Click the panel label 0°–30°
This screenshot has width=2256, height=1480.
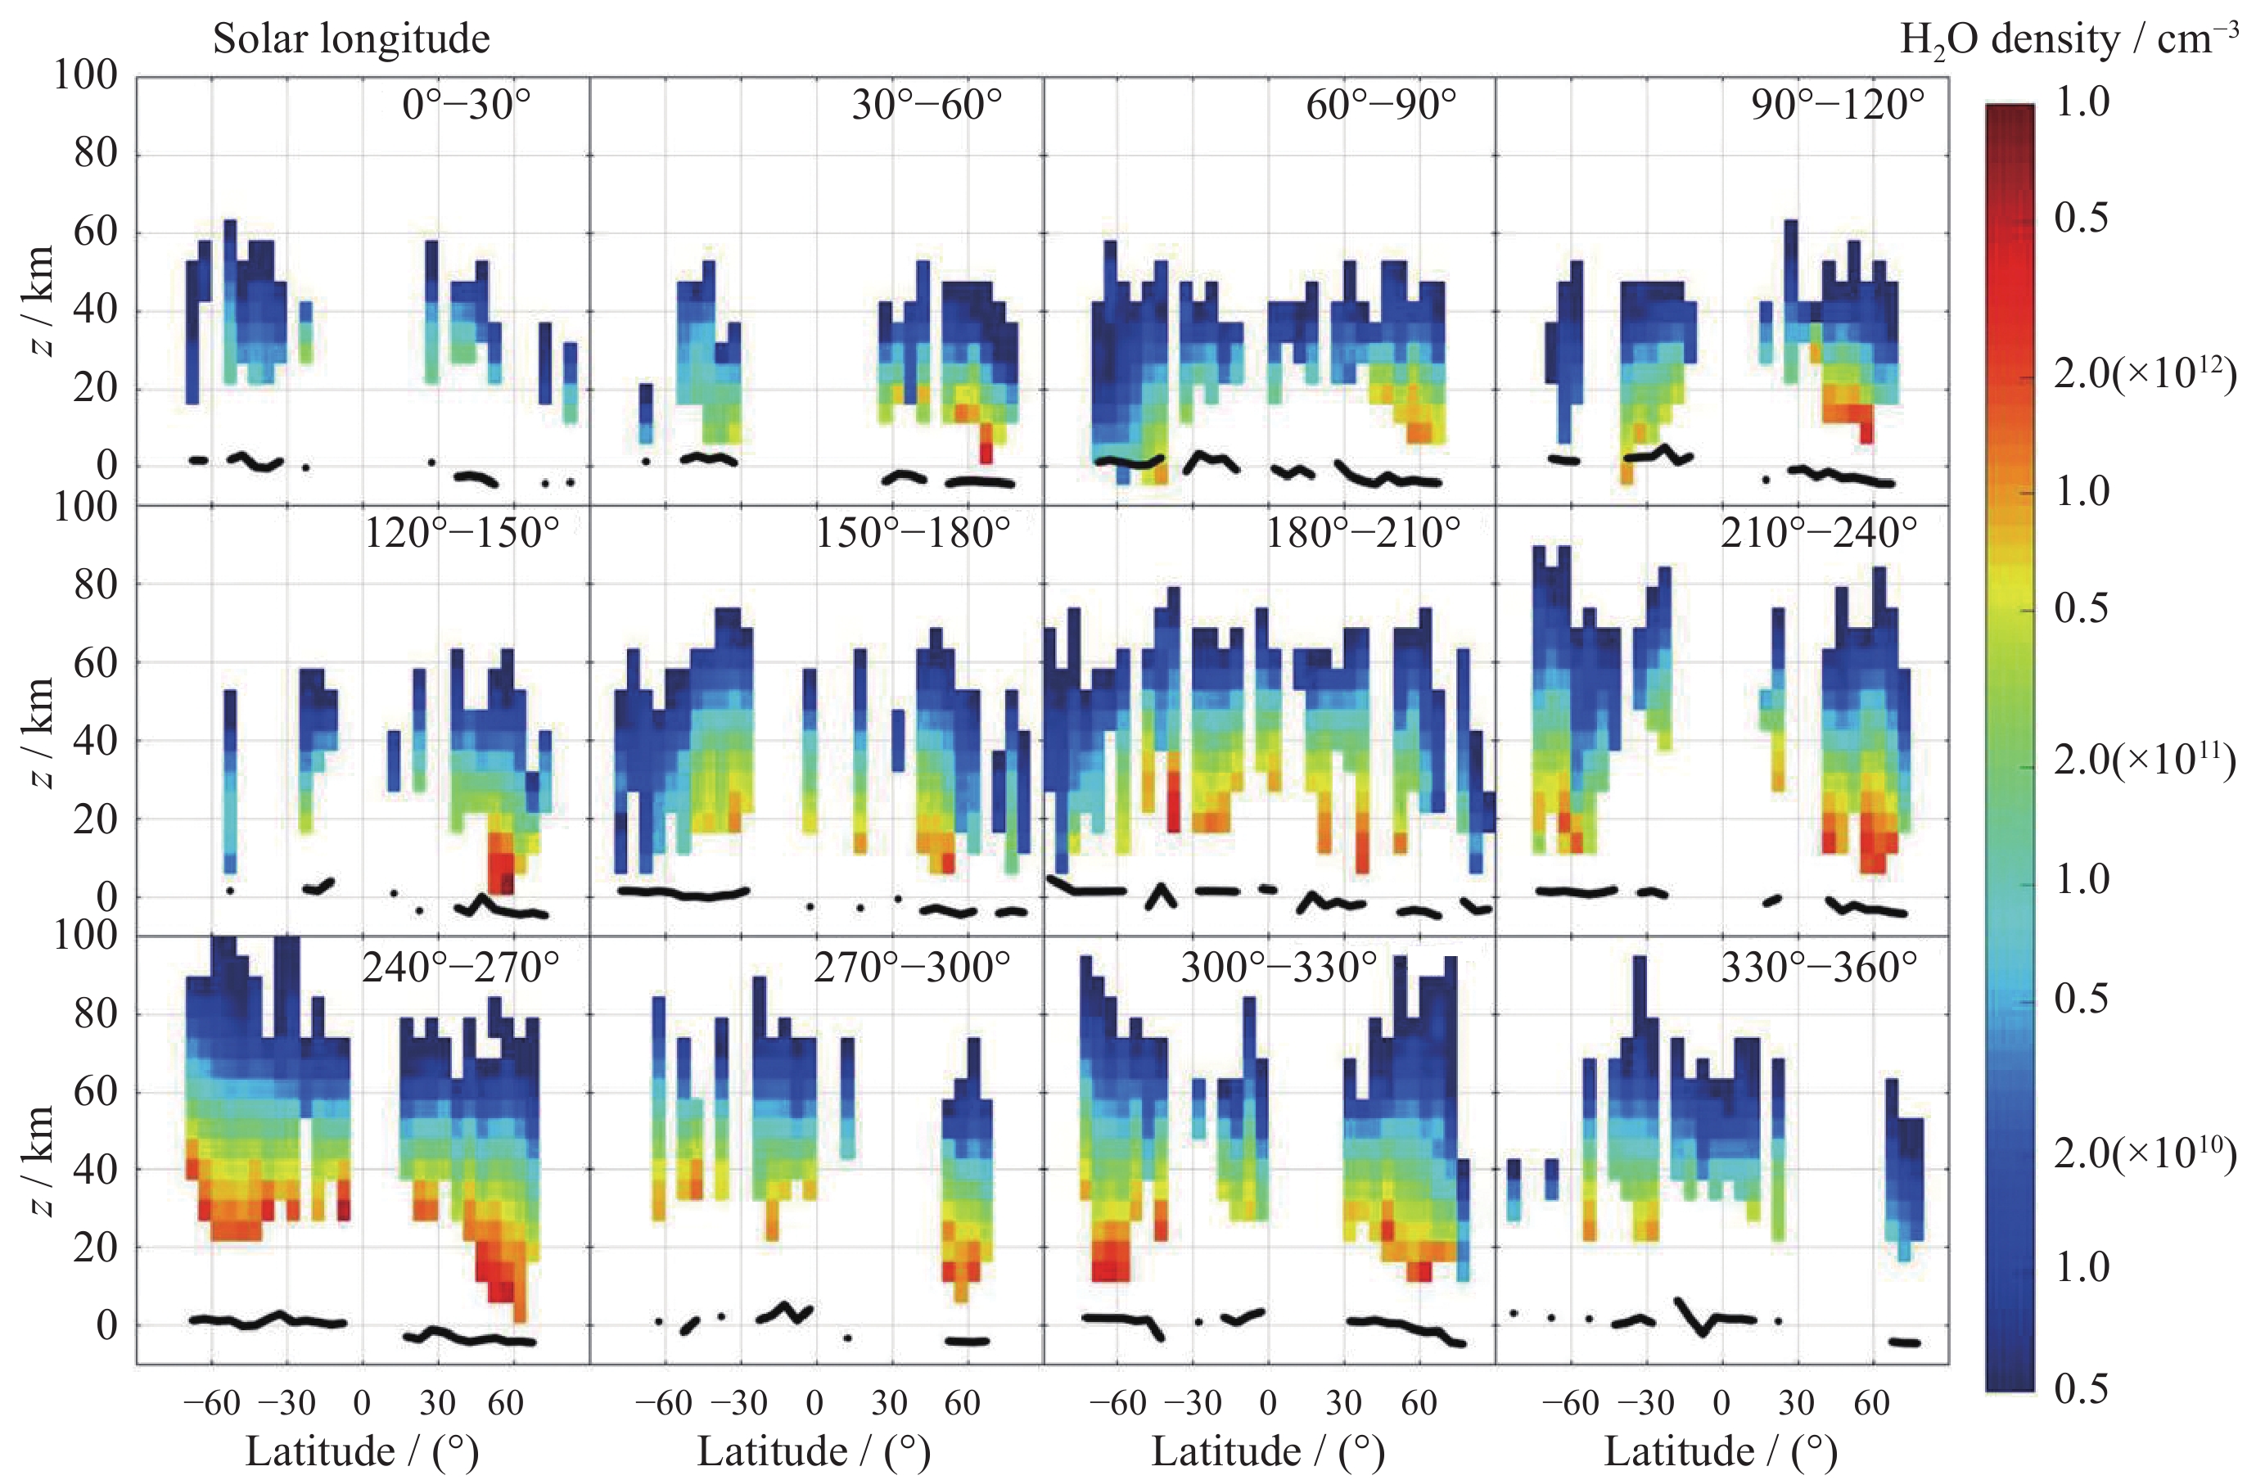click(x=467, y=104)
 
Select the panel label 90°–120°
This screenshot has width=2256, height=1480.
click(x=1838, y=104)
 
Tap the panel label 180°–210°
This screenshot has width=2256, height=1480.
click(x=1363, y=534)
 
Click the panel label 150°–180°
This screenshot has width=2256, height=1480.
click(x=913, y=534)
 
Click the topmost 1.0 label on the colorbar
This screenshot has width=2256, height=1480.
click(x=2082, y=102)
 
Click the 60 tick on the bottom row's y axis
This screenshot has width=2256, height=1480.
click(x=96, y=1091)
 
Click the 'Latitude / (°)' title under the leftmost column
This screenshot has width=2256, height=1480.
click(x=361, y=1451)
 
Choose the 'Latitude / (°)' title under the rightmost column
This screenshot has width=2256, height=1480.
click(x=1721, y=1451)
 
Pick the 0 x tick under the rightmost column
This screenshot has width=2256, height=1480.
click(x=1721, y=1402)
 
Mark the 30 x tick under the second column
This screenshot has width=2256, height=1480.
click(x=889, y=1402)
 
